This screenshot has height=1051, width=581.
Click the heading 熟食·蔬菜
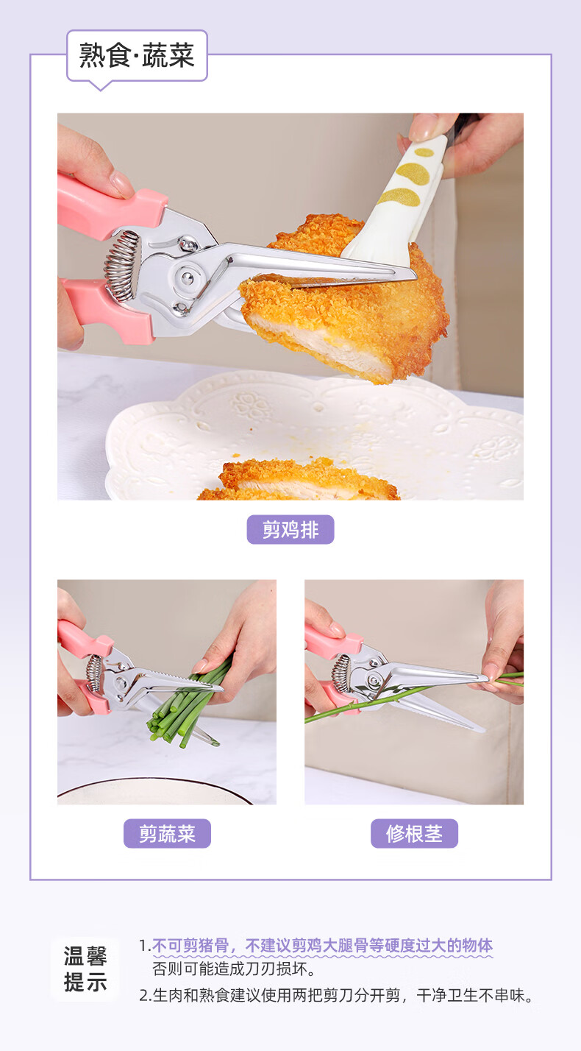point(137,55)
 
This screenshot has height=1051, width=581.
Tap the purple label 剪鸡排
point(290,530)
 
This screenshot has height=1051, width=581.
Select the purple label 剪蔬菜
point(167,834)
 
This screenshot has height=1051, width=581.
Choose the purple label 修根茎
point(414,834)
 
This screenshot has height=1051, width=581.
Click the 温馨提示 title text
point(85,969)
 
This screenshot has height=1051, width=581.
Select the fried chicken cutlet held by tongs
point(345,300)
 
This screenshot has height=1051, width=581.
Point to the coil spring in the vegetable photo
point(94,673)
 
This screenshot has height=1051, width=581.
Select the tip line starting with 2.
point(336,995)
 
